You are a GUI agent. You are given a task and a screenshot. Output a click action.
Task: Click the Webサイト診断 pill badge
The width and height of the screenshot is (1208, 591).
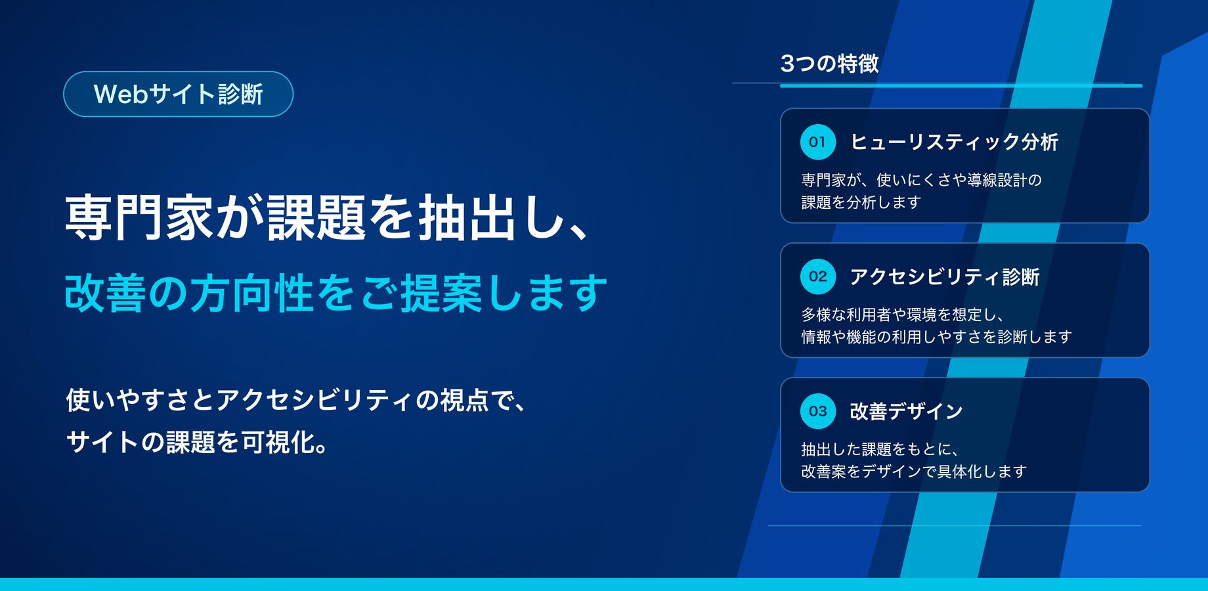(178, 94)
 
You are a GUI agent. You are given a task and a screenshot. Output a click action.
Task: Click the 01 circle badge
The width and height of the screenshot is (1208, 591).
(818, 142)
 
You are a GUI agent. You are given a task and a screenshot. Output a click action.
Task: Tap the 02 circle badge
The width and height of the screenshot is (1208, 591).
(818, 276)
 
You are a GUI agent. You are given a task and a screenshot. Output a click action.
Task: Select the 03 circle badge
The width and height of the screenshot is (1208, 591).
(818, 411)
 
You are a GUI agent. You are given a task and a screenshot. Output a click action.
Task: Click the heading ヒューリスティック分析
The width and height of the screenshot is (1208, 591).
(955, 142)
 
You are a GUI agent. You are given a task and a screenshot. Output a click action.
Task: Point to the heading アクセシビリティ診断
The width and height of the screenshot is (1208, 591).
(945, 276)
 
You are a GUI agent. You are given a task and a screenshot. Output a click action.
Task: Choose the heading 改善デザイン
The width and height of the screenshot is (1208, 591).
(907, 411)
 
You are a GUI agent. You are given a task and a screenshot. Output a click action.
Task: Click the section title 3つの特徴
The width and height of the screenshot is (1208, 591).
(830, 64)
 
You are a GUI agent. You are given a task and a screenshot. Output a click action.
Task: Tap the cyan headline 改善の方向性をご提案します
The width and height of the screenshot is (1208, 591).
(335, 293)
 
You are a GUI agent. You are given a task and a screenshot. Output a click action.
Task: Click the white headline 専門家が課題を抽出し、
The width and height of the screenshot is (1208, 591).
(326, 217)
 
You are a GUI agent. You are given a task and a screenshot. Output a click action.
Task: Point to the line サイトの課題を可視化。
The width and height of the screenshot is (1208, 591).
(197, 442)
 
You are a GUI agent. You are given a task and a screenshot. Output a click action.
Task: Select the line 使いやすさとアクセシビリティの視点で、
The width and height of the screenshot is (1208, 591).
(295, 400)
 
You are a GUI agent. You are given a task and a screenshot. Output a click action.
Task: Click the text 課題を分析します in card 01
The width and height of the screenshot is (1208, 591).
(861, 202)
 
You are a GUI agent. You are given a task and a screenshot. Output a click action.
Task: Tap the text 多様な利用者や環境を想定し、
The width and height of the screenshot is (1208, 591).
(902, 315)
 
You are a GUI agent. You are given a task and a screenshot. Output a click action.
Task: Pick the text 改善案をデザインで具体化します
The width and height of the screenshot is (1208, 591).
(914, 471)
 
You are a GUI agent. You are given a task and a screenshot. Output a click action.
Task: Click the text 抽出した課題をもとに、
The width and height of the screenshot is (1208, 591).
(880, 449)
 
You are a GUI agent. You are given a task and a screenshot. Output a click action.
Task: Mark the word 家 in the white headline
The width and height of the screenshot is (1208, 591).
(190, 217)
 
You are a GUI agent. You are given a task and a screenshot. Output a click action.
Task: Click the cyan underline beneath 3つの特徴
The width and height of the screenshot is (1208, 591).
(961, 85)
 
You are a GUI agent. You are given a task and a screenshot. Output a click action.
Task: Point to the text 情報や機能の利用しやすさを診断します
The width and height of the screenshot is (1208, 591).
(937, 337)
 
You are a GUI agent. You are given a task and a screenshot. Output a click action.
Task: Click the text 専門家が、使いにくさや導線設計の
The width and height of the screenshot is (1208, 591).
(922, 180)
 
